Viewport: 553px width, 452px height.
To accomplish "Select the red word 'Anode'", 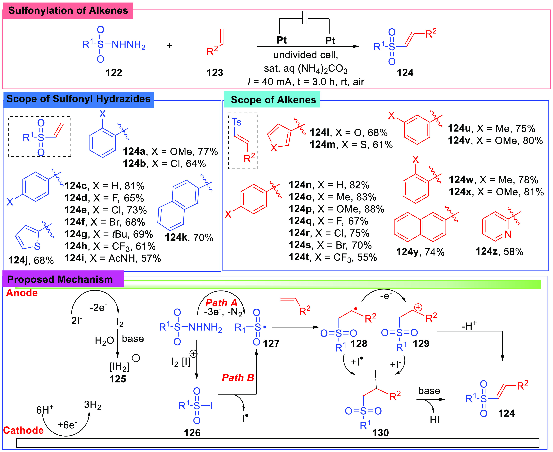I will coord(22,293).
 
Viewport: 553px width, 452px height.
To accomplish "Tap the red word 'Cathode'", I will coord(23,430).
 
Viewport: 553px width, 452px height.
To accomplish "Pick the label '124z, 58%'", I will coord(499,252).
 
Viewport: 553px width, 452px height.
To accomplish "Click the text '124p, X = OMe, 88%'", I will coord(336,209).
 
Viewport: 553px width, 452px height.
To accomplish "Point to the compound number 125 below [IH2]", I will coord(118,379).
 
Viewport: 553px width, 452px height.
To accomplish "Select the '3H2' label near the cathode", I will coord(93,405).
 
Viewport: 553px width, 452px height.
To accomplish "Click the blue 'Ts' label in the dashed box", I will coord(237,122).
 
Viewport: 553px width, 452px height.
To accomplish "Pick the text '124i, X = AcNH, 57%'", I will coord(112,258).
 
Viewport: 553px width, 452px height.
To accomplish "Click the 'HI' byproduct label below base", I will coord(434,420).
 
